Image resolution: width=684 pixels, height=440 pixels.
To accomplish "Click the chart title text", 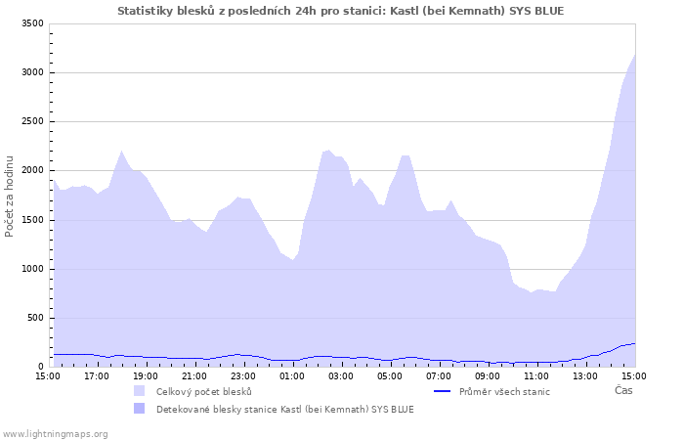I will click(340, 11).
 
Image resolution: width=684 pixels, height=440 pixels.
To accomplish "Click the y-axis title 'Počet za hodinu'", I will click(10, 196).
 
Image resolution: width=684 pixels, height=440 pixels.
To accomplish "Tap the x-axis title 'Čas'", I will click(622, 390).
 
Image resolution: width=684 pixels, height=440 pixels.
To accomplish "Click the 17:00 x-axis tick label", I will click(97, 375).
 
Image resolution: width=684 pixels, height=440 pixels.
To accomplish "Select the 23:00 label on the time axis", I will click(243, 375).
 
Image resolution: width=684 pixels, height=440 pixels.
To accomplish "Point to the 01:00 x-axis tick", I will click(292, 375).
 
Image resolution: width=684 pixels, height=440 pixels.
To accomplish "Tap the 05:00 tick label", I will click(390, 375).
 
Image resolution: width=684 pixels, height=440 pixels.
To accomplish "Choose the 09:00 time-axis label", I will click(488, 375).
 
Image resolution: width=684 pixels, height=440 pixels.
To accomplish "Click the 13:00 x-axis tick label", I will click(585, 375).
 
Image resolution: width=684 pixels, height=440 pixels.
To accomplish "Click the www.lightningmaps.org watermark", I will click(55, 433).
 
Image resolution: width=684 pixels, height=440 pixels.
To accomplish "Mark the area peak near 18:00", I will click(121, 151).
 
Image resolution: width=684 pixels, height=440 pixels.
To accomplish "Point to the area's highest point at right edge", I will click(634, 55).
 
